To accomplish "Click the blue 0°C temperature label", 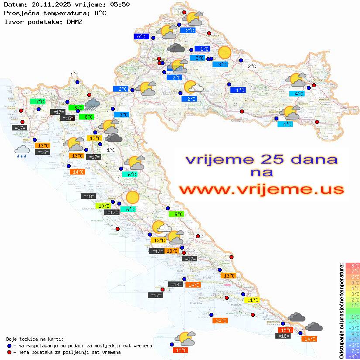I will pyautogui.click(x=141, y=37).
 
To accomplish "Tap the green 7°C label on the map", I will pyautogui.click(x=38, y=102).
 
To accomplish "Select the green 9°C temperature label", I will pyautogui.click(x=177, y=214).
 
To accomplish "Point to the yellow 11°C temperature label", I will pyautogui.click(x=253, y=300).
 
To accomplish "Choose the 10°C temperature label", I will pyautogui.click(x=103, y=206).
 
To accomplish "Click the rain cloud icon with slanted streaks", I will pyautogui.click(x=92, y=104).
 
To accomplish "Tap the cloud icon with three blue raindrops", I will pyautogui.click(x=22, y=151).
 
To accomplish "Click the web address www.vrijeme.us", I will pyautogui.click(x=261, y=189).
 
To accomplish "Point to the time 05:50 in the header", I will pyautogui.click(x=120, y=4).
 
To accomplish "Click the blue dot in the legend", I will pyautogui.click(x=10, y=346).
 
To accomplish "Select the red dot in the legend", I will pyautogui.click(x=10, y=352).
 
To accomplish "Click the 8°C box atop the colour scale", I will pyautogui.click(x=352, y=266).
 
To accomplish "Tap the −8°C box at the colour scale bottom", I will pyautogui.click(x=352, y=357).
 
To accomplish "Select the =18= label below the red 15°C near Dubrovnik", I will pyautogui.click(x=284, y=336).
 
